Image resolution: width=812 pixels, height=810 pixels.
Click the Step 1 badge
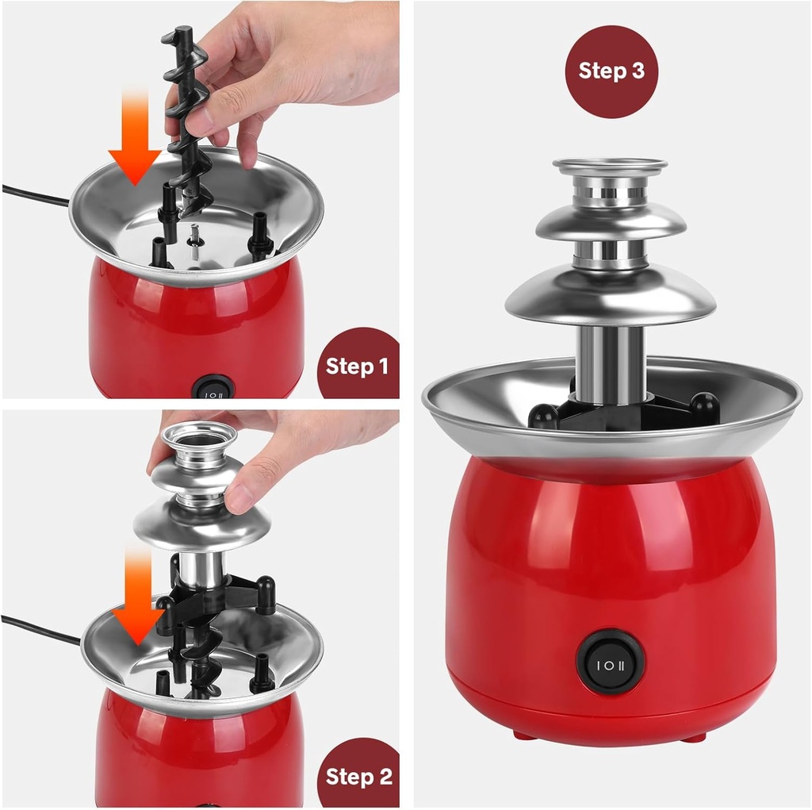coord(358,366)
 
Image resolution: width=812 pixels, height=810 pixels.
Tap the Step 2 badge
coord(359,775)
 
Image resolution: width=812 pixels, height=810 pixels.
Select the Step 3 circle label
coord(611,71)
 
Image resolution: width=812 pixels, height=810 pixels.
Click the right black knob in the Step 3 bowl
coord(703,406)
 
